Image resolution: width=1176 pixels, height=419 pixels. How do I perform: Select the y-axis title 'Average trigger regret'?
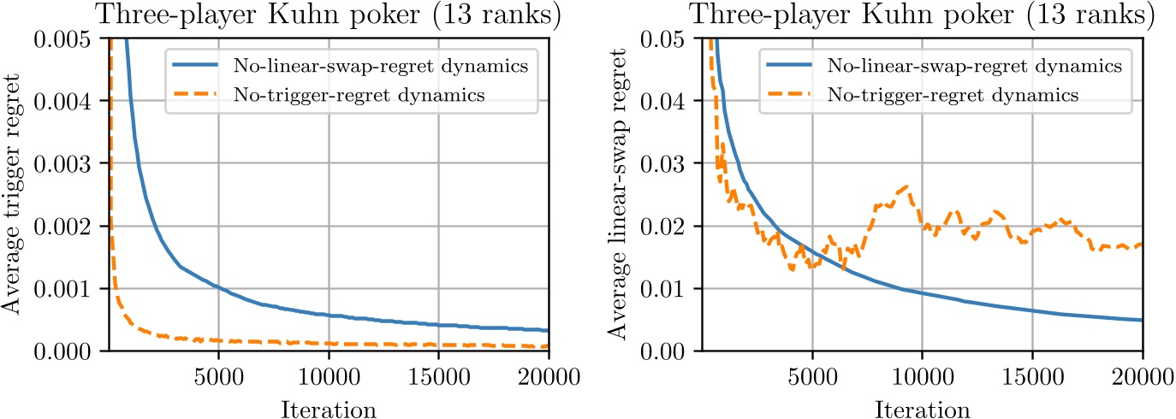15,193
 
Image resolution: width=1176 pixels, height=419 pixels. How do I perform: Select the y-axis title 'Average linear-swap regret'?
620,193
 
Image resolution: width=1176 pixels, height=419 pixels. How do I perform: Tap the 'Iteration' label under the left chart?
329,408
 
